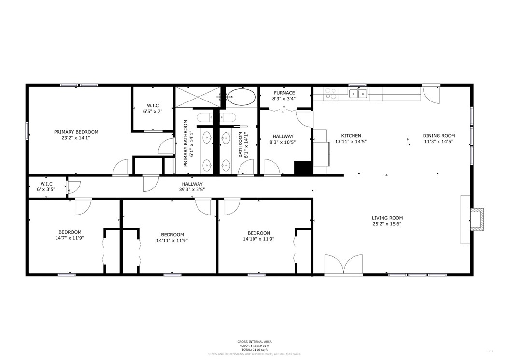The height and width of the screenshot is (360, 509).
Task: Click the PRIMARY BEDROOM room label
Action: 76,132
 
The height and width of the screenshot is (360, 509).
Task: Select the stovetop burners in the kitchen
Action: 331,93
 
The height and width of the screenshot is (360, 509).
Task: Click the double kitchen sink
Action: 358,94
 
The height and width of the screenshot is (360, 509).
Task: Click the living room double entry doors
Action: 343,265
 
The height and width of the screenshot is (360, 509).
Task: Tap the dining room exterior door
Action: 431,93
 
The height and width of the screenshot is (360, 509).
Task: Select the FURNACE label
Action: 284,93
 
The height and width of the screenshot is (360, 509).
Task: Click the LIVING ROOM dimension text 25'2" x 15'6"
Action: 387,224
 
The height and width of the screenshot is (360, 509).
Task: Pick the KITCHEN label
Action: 351,136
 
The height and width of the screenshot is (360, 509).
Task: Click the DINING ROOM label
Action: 439,136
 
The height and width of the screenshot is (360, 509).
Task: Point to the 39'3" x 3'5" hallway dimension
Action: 192,189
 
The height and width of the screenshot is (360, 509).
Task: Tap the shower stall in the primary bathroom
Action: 197,97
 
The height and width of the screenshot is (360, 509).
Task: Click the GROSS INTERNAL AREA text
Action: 254,341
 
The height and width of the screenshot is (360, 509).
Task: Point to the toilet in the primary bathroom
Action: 203,117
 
